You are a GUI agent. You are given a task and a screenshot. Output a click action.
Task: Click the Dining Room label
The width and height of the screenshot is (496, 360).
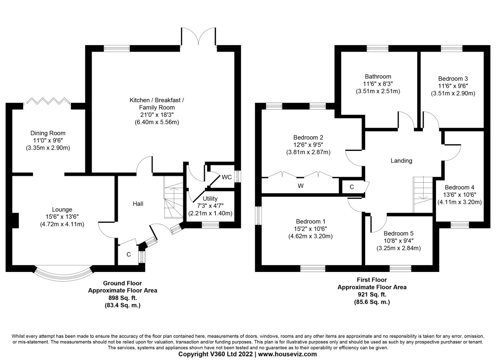(48, 133)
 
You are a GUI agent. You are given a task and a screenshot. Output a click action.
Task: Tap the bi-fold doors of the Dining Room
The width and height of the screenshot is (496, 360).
(47, 101)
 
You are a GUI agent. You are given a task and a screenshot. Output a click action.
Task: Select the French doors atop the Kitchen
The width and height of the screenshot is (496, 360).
(199, 37)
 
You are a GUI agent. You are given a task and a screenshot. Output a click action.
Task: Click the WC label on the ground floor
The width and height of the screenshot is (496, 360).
(227, 177)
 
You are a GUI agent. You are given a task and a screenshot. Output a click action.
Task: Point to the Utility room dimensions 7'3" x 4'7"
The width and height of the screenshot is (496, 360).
(210, 206)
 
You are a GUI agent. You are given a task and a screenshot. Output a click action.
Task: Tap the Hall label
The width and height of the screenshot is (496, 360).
(138, 204)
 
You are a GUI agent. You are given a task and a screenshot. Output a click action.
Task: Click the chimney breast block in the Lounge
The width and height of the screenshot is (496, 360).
(15, 220)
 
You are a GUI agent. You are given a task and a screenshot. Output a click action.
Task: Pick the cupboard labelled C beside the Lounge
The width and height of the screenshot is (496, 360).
(128, 254)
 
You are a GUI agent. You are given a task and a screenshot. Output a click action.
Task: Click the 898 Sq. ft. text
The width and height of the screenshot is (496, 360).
(123, 298)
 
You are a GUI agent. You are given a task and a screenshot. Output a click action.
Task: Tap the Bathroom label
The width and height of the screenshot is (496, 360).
(378, 76)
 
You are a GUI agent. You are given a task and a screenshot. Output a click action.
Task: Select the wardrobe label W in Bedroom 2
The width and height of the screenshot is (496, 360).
(300, 186)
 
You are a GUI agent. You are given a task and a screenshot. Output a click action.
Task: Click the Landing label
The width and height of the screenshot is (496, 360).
(401, 161)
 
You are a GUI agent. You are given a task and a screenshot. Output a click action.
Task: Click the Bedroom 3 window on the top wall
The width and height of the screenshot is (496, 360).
(452, 48)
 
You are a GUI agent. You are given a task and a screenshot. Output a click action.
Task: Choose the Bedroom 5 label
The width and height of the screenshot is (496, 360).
(398, 233)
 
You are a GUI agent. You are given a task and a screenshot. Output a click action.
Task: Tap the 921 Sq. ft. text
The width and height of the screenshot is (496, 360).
(372, 294)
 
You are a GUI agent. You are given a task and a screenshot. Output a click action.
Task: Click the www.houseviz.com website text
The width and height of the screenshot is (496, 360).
(287, 354)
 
